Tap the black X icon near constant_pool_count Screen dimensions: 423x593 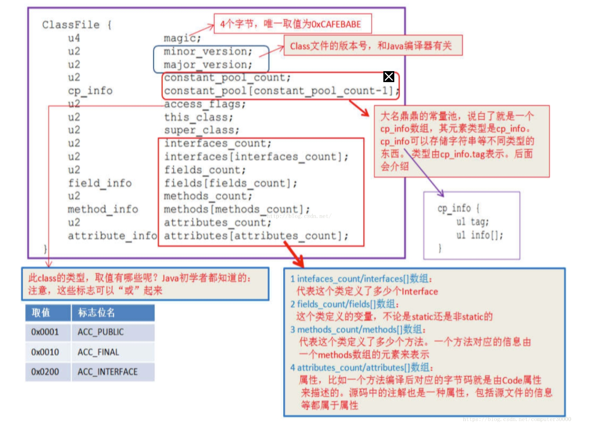click(x=389, y=77)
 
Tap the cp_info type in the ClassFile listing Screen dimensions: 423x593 click(x=90, y=91)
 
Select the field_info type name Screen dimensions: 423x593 click(x=100, y=183)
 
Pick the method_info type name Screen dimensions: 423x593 click(x=102, y=209)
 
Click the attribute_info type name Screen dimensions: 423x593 click(x=112, y=236)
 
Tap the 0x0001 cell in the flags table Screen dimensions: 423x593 click(x=45, y=332)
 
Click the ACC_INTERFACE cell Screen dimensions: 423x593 click(x=108, y=372)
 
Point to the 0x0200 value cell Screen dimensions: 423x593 click(x=45, y=372)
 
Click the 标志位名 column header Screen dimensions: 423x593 click(x=96, y=313)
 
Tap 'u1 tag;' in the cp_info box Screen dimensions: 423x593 click(x=472, y=222)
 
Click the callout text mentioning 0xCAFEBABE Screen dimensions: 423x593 click(x=290, y=24)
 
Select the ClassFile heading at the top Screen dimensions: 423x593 click(x=71, y=25)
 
